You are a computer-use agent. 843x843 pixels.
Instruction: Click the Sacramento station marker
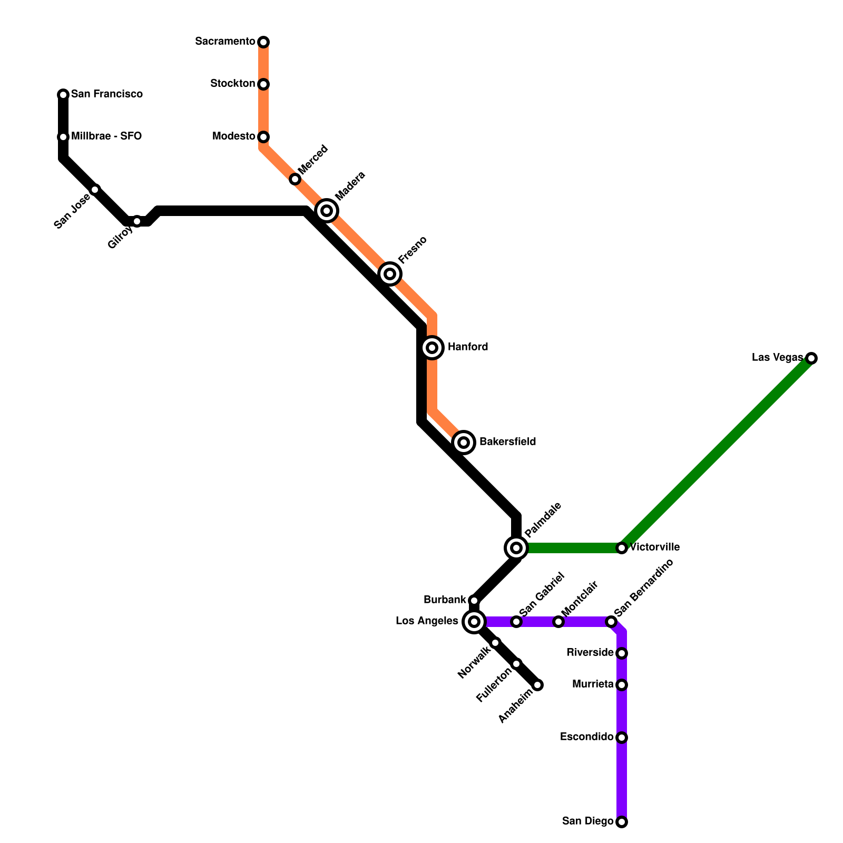(263, 42)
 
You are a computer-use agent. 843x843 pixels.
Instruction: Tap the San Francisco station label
(106, 94)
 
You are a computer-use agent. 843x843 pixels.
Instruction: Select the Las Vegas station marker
(811, 358)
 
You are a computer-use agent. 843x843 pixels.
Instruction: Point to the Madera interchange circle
(327, 211)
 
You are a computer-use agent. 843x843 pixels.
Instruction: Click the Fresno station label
(412, 250)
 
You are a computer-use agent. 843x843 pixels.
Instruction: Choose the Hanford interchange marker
(432, 348)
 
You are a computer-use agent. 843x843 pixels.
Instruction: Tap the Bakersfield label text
(507, 442)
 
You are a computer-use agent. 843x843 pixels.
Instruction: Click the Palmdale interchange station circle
(516, 548)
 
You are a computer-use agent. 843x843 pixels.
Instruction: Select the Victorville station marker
(622, 548)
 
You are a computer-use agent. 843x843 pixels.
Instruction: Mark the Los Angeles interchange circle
(474, 622)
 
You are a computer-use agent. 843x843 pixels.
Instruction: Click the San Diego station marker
(622, 822)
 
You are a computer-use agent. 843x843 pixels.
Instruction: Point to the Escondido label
(586, 737)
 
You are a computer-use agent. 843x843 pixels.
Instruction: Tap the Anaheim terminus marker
(537, 685)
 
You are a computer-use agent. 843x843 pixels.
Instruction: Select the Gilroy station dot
(137, 221)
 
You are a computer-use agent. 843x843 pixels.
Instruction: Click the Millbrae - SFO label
(106, 136)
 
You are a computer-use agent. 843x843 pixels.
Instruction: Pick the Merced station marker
(295, 180)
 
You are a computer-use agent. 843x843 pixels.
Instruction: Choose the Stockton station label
(232, 84)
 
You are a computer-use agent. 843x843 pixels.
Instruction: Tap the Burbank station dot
(474, 601)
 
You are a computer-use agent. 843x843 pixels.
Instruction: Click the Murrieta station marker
(622, 685)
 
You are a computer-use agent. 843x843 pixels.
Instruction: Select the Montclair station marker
(558, 622)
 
